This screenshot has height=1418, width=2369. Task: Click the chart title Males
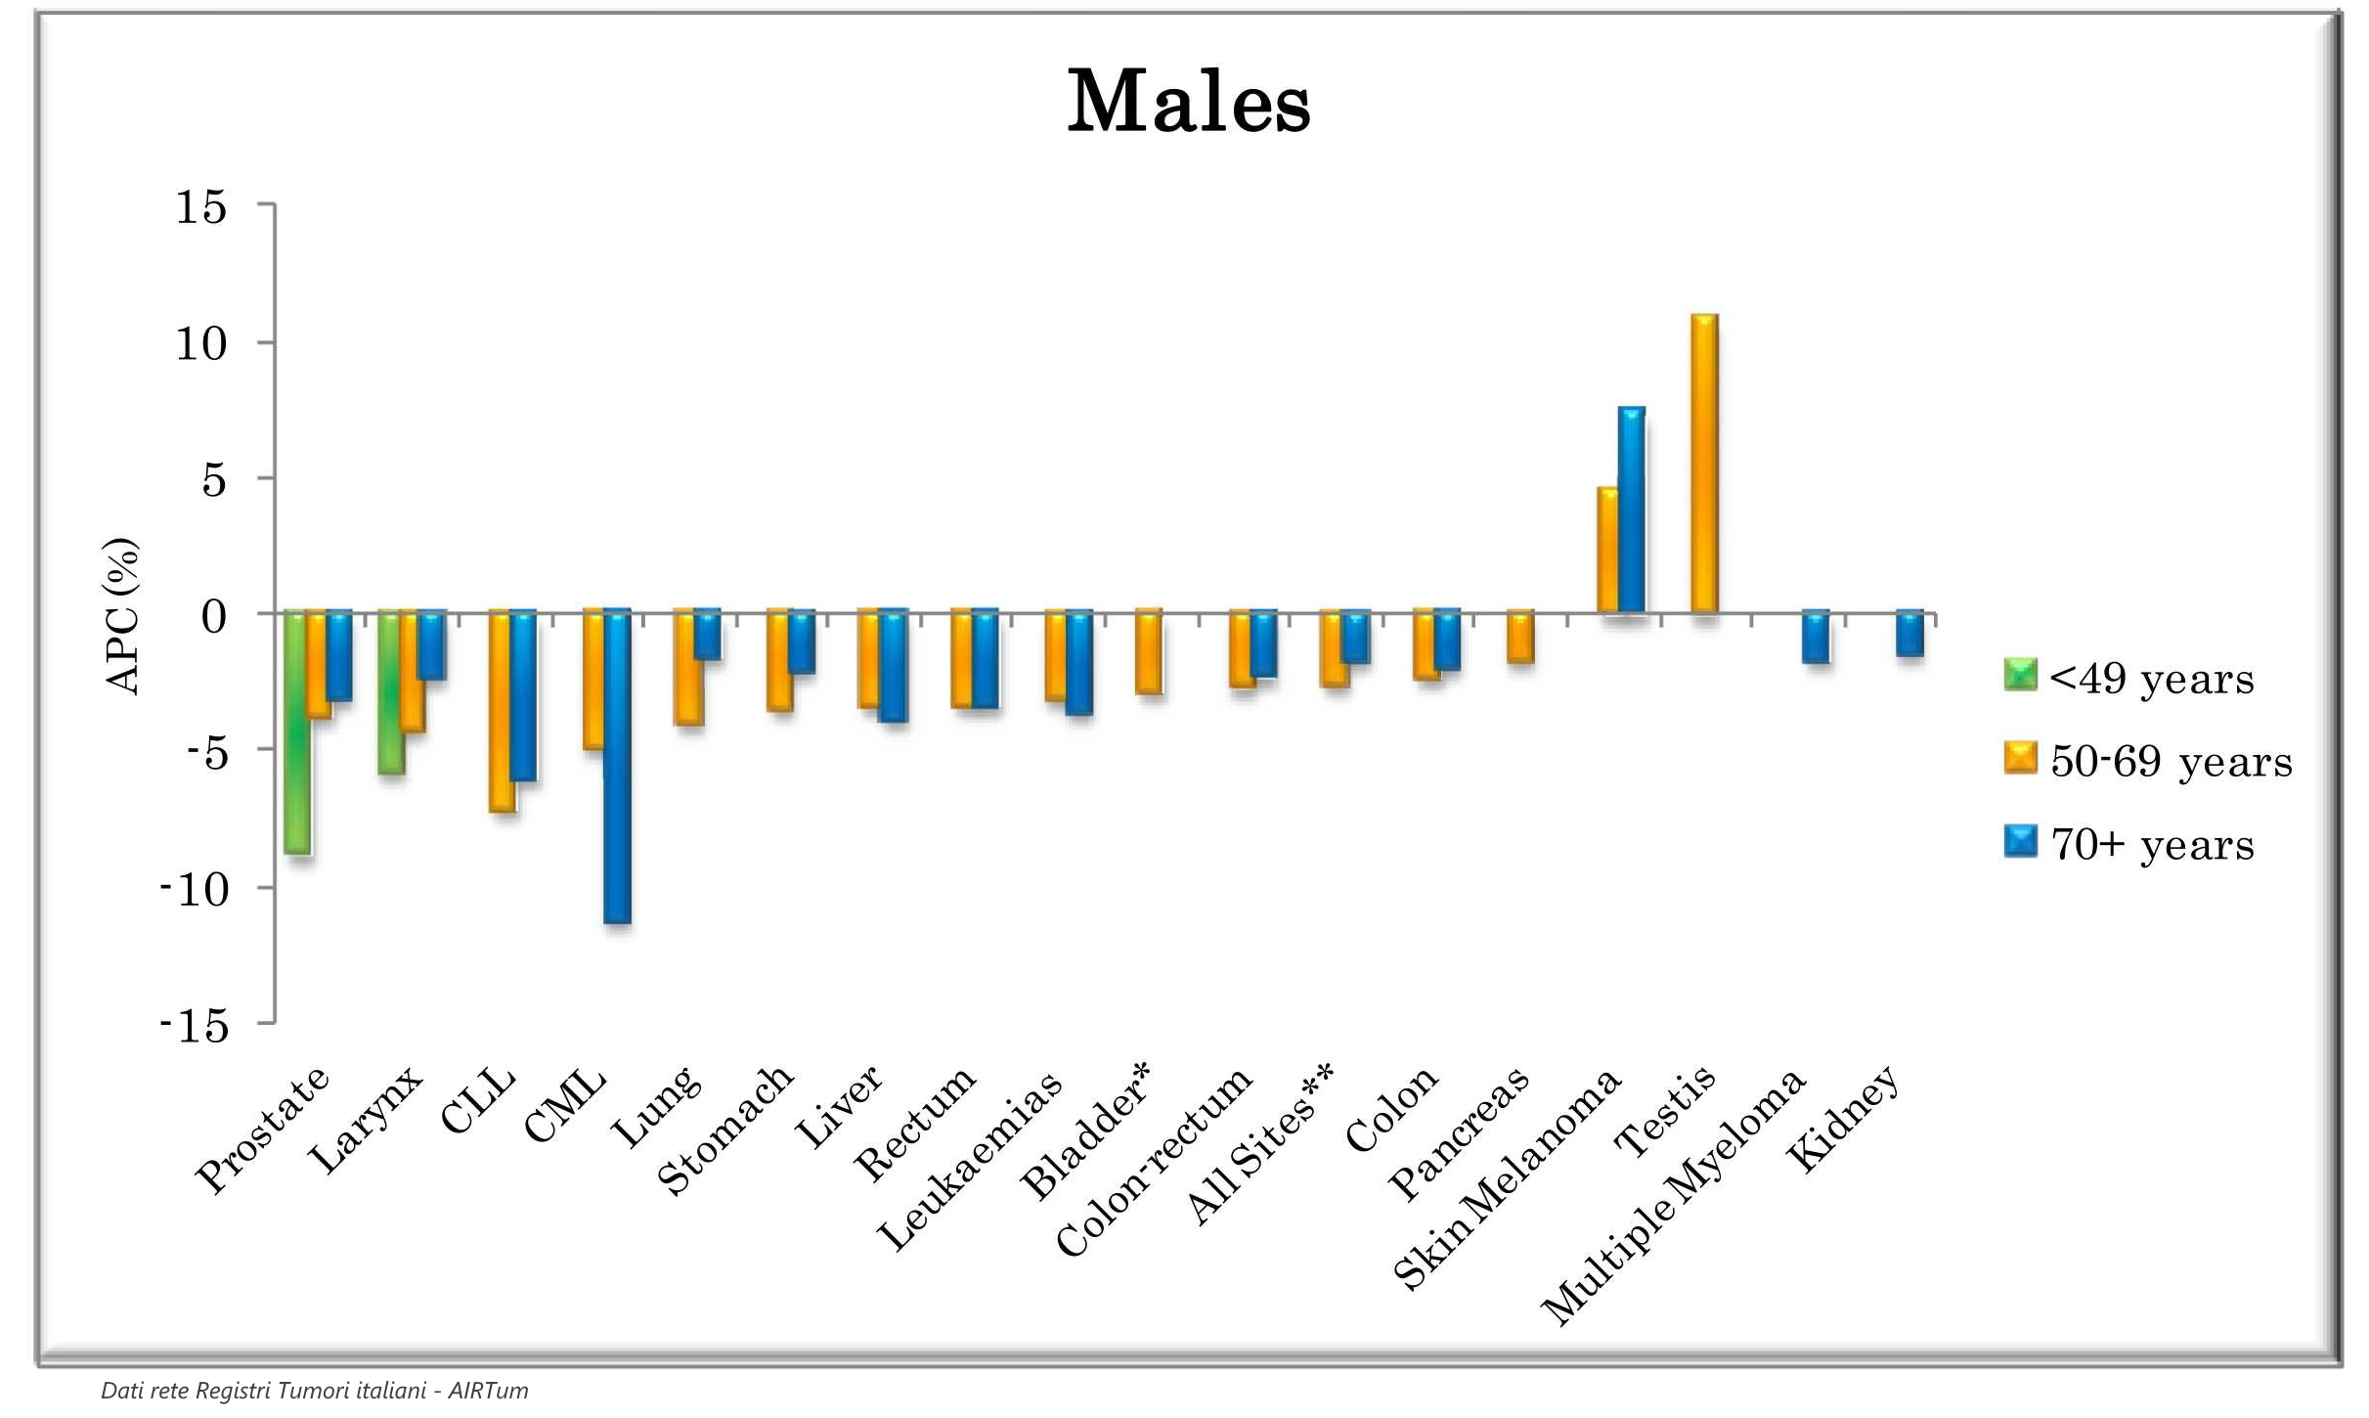(x=1188, y=103)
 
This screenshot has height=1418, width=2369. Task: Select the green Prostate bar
(x=296, y=733)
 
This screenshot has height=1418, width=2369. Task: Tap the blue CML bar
(x=617, y=768)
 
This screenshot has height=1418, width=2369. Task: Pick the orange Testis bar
(x=1704, y=465)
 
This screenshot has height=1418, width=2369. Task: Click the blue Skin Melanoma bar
(x=1631, y=510)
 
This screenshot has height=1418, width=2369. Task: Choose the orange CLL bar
(x=502, y=711)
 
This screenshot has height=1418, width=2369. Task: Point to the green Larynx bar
(x=390, y=692)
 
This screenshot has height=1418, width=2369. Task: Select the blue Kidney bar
(x=1909, y=634)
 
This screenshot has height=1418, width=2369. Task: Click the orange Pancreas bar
(x=1519, y=638)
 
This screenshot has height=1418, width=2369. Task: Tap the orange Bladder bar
(x=1149, y=652)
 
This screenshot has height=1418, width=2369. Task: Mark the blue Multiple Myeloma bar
(x=1816, y=638)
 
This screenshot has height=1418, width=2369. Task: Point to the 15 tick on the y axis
(x=201, y=207)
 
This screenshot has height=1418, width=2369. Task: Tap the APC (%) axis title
(x=122, y=616)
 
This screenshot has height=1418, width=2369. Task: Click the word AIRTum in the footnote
(x=488, y=1391)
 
